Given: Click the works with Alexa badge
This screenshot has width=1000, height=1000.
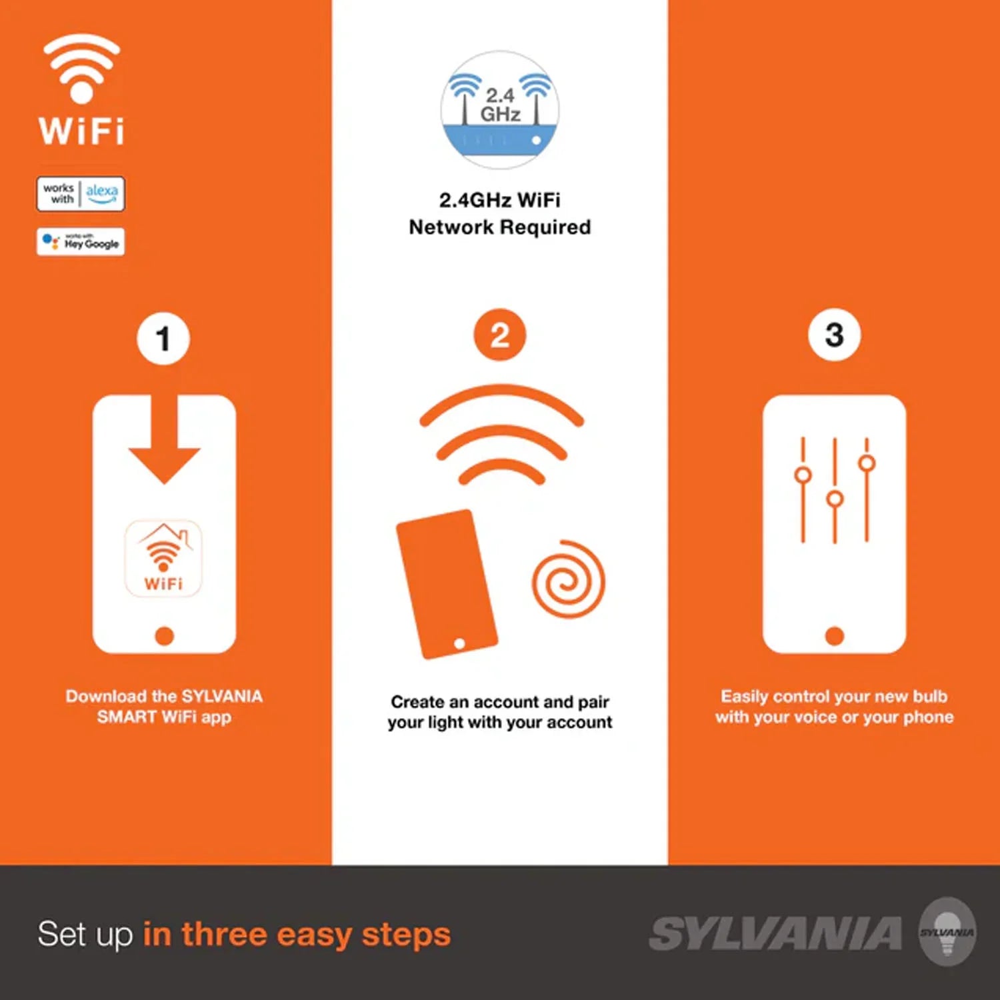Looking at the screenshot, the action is [81, 194].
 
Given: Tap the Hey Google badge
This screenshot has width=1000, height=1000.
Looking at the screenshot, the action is [81, 241].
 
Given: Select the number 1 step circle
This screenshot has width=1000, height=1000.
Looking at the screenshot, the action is [163, 339].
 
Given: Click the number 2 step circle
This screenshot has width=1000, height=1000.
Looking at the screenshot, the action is [500, 335].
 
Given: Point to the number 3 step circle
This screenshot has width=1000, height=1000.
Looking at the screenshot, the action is [835, 335].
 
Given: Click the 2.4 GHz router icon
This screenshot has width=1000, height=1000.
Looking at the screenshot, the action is [500, 110].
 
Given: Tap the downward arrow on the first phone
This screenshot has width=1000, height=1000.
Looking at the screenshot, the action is [164, 439].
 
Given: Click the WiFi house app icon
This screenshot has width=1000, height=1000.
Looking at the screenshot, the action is [163, 559].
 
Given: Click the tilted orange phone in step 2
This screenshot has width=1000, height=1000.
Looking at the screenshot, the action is [447, 584].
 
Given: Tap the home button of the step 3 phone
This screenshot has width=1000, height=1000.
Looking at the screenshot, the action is [835, 636].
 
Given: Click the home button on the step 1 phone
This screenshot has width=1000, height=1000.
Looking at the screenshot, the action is [164, 636].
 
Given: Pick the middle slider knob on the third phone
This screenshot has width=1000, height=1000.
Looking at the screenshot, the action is [835, 499].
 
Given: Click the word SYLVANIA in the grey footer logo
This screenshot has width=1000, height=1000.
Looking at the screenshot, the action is [776, 933].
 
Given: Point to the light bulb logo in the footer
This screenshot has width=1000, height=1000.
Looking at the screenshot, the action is [947, 931].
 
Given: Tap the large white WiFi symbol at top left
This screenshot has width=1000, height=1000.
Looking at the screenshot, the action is [81, 69].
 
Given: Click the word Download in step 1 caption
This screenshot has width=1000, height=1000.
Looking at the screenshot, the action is [106, 696].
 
